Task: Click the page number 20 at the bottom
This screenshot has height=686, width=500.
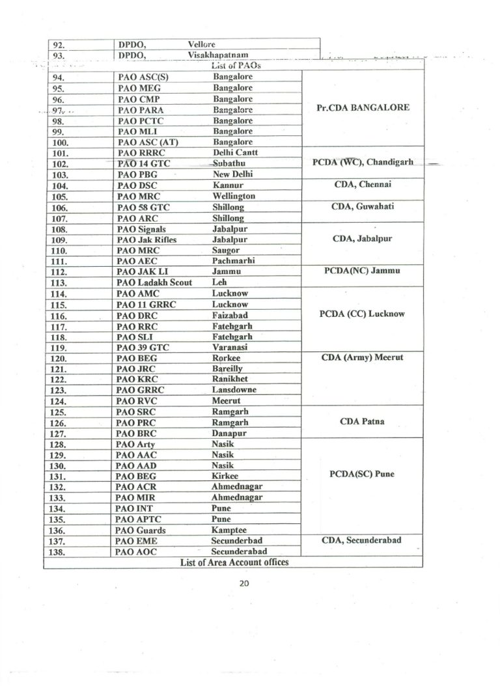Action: click(245, 584)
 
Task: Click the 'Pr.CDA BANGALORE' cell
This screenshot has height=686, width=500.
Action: click(363, 107)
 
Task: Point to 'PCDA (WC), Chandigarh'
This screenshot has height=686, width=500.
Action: click(363, 163)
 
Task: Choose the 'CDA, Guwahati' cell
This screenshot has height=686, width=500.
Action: click(363, 206)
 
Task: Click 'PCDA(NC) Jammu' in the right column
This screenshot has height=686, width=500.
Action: click(363, 271)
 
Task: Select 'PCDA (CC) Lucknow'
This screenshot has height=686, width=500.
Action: click(363, 314)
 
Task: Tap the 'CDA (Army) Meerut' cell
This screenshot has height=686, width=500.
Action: click(363, 357)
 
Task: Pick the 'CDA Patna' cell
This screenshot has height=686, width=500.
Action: click(363, 421)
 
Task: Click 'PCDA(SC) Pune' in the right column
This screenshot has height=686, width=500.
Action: click(363, 474)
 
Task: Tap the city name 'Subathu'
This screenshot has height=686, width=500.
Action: click(229, 163)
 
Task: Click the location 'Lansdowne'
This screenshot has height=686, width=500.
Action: click(234, 390)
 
